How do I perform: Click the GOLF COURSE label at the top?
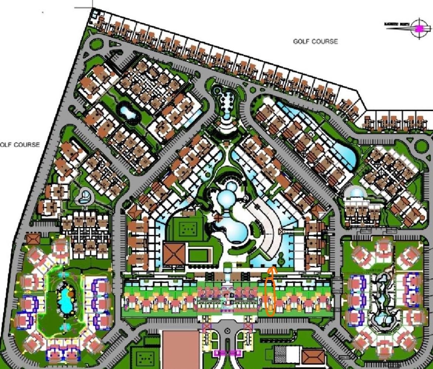click(x=315, y=41)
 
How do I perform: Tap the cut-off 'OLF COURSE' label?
click(x=20, y=144)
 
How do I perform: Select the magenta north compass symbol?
click(x=419, y=28)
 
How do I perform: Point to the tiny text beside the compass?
click(x=397, y=24)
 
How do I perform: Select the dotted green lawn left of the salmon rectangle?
click(x=145, y=357)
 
